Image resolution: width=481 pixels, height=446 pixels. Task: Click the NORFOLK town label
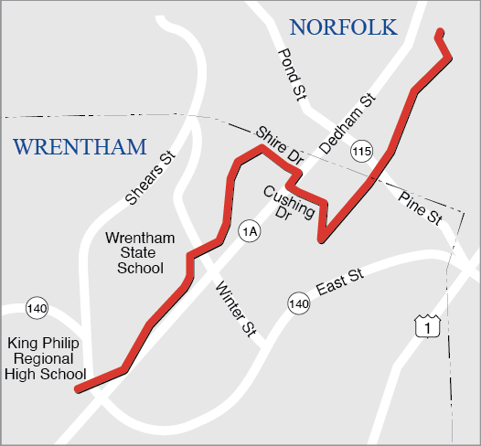[343, 27]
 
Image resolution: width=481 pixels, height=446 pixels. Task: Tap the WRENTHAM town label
[80, 147]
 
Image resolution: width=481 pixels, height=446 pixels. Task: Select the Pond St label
[291, 75]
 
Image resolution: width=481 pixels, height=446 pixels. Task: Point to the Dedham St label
[348, 122]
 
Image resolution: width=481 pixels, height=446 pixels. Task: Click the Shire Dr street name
[280, 146]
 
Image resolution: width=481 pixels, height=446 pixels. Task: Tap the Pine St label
[420, 208]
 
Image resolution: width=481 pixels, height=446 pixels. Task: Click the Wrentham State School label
[134, 253]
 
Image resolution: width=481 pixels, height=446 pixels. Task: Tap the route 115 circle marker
[363, 151]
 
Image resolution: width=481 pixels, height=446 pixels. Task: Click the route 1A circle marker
[249, 232]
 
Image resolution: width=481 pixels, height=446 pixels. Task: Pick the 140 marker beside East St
[297, 303]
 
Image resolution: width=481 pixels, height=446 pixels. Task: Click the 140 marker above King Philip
[37, 308]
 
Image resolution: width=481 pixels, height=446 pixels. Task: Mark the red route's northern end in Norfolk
[440, 33]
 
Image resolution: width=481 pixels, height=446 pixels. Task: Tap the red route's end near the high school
[77, 389]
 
